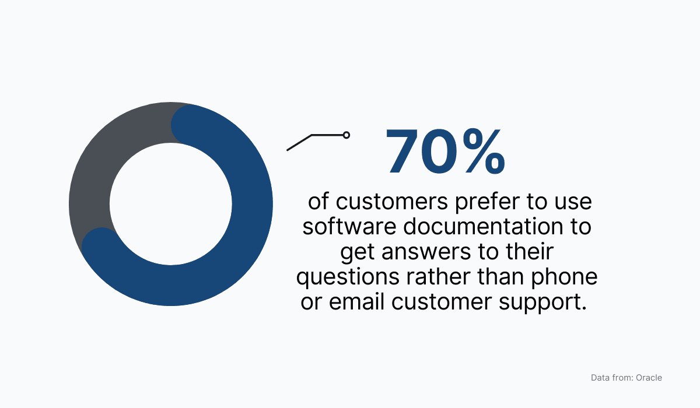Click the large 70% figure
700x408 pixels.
444,153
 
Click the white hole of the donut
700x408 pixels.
170,204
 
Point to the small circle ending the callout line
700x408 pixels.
346,135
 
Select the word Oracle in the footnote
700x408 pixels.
649,378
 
